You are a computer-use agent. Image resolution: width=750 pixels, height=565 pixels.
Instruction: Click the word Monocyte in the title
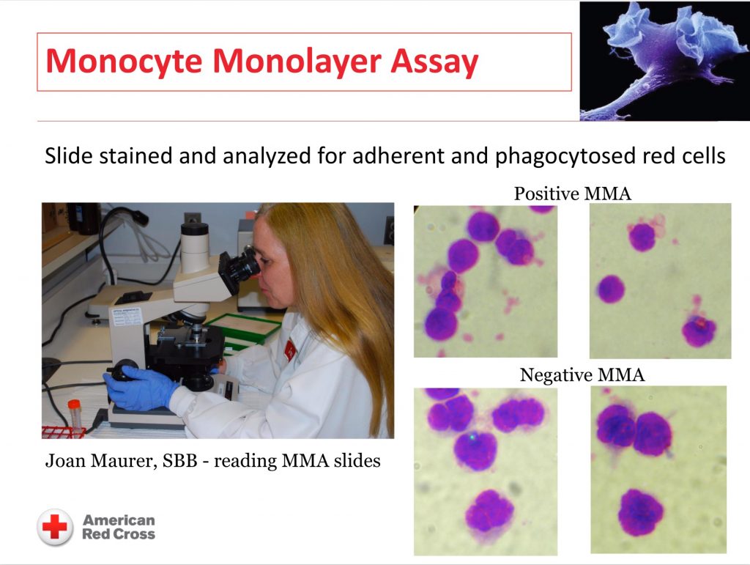coord(123,62)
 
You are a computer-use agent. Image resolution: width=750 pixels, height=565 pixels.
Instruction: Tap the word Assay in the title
coord(434,62)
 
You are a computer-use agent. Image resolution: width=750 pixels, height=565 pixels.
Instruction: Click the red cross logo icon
coord(55,527)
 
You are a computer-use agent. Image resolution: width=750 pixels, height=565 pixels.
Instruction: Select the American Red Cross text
coord(119,527)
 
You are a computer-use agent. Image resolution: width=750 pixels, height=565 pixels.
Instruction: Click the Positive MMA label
coord(573,193)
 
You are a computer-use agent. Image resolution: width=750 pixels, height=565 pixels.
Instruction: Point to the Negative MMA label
coord(582,374)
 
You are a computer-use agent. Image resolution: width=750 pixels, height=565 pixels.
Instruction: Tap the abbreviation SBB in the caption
coord(180,460)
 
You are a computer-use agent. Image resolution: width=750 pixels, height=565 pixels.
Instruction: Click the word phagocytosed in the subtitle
coord(565,156)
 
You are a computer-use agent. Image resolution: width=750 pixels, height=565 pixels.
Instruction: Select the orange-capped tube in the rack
coord(74,416)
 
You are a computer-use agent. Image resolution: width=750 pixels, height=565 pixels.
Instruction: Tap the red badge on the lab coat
coord(290,350)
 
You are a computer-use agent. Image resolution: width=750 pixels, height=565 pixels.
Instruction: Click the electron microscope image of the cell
coord(664,61)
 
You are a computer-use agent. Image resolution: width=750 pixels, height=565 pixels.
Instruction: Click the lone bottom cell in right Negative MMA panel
coord(640,512)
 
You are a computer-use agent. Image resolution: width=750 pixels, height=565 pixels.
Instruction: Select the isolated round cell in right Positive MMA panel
coord(612,289)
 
